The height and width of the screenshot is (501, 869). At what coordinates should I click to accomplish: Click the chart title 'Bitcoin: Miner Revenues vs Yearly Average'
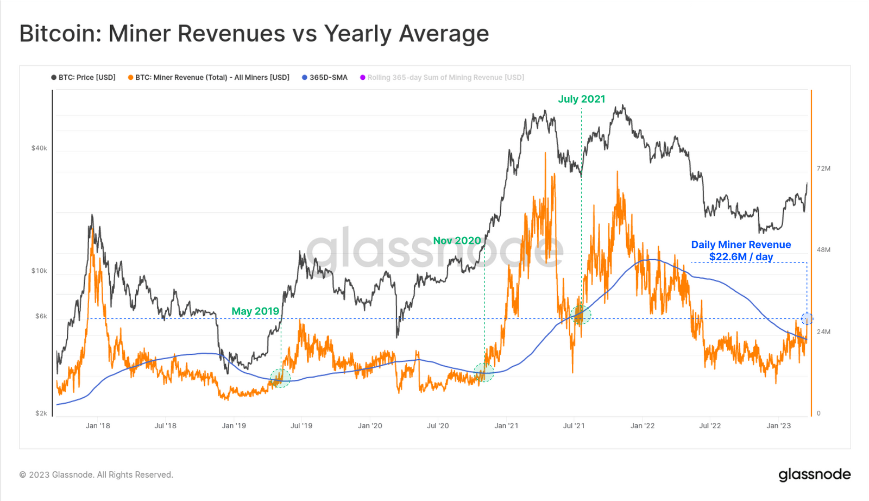pos(254,34)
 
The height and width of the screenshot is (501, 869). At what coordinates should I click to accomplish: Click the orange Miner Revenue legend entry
pos(209,78)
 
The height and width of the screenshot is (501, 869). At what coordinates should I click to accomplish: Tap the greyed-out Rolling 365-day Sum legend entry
pos(442,78)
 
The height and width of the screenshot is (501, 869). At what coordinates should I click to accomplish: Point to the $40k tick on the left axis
pos(39,148)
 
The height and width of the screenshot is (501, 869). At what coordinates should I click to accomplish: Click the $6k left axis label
pos(41,316)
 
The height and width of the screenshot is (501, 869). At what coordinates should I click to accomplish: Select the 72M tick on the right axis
pos(823,168)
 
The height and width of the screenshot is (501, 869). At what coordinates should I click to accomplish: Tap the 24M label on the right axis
pos(823,332)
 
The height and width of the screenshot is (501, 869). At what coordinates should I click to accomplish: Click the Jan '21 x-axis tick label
pos(506,426)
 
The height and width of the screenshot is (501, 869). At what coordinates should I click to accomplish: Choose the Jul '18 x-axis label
pos(166,426)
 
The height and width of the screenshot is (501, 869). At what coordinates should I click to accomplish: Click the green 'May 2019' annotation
pos(255,311)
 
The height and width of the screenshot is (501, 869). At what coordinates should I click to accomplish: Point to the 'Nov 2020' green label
pos(457,241)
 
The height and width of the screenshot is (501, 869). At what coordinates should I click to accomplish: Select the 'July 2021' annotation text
pos(581,99)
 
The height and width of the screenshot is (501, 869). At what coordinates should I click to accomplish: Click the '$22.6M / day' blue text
pos(741,256)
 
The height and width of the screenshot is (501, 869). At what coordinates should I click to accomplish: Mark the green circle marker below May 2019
pos(280,378)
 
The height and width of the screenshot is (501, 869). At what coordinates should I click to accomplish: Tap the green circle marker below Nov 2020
pos(483,373)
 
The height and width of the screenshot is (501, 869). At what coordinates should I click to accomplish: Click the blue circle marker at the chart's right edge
pos(807,319)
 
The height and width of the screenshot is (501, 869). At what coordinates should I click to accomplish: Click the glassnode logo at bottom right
pos(814,474)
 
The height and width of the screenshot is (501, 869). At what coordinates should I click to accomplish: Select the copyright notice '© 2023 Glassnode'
pos(96,475)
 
